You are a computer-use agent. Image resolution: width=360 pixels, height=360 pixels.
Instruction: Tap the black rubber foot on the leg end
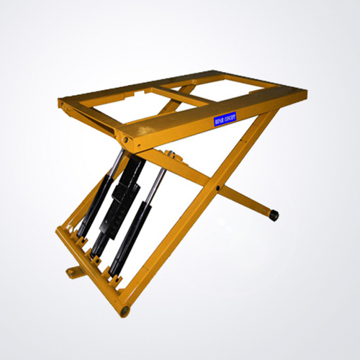point(274,215)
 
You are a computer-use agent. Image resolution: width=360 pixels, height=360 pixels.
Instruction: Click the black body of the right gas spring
point(140,227)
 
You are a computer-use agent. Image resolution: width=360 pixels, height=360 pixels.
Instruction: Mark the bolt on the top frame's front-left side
point(126,140)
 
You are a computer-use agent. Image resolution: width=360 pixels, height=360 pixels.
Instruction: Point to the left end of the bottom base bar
point(59,232)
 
